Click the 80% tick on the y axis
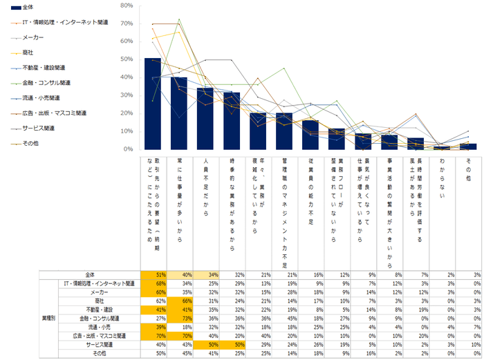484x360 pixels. [x=127, y=5]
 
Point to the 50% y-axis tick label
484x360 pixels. [x=127, y=59]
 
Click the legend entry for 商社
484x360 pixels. [x=30, y=52]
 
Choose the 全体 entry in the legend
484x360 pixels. [x=30, y=7]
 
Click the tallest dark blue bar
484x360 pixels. [x=152, y=104]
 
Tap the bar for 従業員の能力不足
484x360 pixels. [x=310, y=135]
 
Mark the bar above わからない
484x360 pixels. [x=442, y=147]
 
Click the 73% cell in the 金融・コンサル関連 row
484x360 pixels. [x=179, y=319]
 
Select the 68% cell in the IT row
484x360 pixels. [x=152, y=283]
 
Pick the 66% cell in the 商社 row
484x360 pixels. [x=179, y=301]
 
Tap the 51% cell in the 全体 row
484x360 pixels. [x=152, y=274]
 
